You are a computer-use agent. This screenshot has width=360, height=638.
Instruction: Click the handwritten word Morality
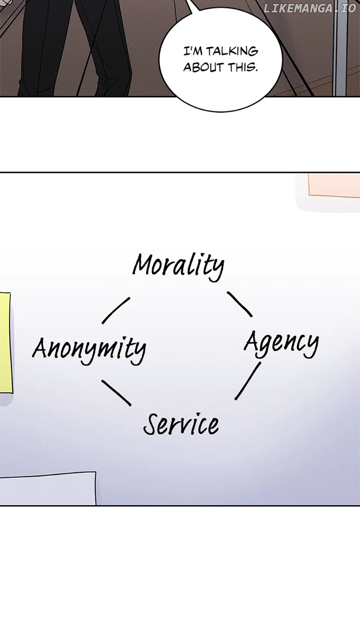178,266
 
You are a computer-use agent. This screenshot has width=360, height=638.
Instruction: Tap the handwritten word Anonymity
89,349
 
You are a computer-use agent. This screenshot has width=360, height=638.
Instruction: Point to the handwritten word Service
181,424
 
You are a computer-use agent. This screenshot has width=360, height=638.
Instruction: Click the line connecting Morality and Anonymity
116,310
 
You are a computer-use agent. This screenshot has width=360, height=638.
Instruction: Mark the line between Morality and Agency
240,304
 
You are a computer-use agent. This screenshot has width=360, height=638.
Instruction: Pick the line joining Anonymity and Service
116,393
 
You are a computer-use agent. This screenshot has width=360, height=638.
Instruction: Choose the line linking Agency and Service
248,381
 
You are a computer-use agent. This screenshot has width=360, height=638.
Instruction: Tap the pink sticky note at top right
333,186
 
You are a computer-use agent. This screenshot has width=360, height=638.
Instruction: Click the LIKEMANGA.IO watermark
309,8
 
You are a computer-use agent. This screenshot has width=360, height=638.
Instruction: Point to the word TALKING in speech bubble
232,51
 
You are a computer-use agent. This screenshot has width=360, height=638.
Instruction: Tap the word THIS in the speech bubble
243,67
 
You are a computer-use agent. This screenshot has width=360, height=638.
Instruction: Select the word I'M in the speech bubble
193,51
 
